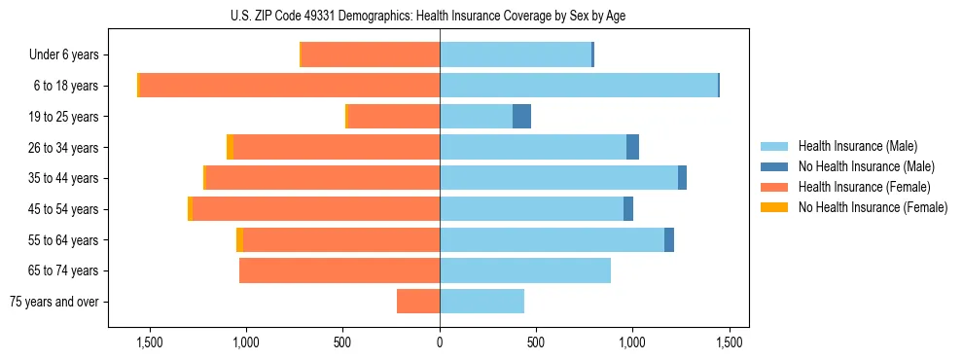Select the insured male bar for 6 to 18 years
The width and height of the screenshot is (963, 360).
tap(579, 86)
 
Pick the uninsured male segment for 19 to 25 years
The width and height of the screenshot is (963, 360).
tap(521, 117)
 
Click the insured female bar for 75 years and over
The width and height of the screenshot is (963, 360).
tap(418, 302)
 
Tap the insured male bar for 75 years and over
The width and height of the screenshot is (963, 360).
tap(481, 302)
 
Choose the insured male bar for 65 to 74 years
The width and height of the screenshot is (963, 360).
tap(525, 270)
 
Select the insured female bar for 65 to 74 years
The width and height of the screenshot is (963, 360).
tap(339, 270)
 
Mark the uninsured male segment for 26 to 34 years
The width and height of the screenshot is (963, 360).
tap(632, 148)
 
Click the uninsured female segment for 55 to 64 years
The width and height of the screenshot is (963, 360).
tap(239, 240)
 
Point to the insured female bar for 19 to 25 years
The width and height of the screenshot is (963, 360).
tap(393, 117)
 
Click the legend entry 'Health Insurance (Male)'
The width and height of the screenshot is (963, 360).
tap(857, 146)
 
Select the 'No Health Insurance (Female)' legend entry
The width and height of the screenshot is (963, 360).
tap(873, 207)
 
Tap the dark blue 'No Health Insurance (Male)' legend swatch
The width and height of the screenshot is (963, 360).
tap(773, 166)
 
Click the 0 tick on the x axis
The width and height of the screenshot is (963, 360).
tap(440, 342)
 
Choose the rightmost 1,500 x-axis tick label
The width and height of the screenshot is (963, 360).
tap(730, 342)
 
